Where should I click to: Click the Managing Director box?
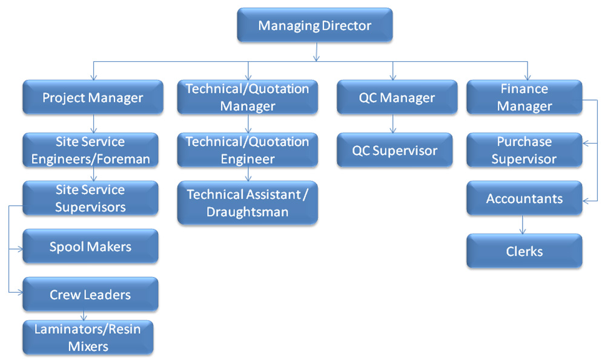point(315,25)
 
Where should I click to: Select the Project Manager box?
point(93,98)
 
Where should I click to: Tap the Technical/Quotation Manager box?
point(248,98)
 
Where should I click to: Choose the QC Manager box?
point(397,98)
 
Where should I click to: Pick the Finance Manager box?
point(524,98)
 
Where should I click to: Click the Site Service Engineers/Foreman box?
point(91,150)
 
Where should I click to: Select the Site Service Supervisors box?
point(91,198)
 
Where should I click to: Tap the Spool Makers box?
point(91,247)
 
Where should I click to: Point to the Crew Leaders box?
point(91,295)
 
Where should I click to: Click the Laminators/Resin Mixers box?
point(88,338)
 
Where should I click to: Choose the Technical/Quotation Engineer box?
point(248,150)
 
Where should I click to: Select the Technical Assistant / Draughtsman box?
point(248,203)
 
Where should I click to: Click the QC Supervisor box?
point(395,150)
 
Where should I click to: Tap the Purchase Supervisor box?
point(524,150)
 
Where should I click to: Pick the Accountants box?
point(524,198)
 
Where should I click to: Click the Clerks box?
point(524,251)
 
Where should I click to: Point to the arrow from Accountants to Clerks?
point(523,224)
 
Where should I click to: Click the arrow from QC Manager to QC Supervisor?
point(393,124)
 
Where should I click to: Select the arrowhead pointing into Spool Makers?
point(20,249)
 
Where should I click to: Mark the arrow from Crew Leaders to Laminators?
point(84,316)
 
